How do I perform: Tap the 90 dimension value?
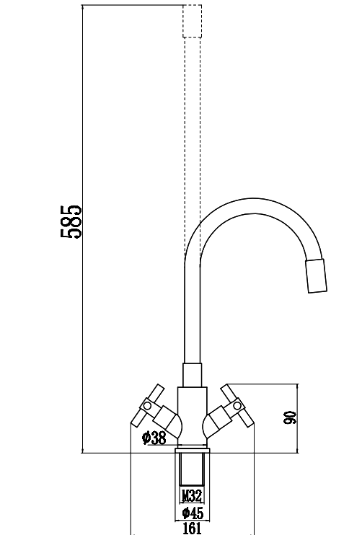tap(290, 418)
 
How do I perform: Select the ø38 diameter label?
tap(154, 438)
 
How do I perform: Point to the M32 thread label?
tap(191, 496)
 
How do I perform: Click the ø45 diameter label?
tap(191, 513)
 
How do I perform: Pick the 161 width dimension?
tap(192, 529)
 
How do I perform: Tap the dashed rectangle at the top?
tap(192, 21)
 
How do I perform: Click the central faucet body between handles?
tap(192, 415)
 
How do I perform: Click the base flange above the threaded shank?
tap(192, 450)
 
